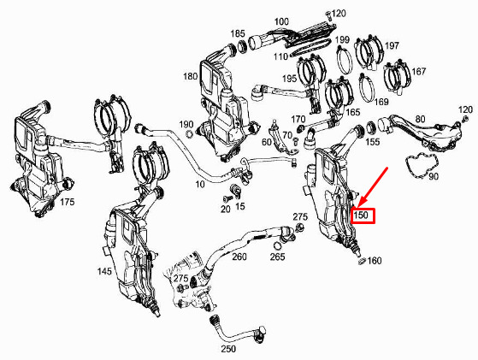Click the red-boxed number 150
click(361, 215)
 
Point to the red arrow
click(373, 186)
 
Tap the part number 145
click(104, 271)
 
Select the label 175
click(67, 202)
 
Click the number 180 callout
click(190, 76)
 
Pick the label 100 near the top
click(281, 21)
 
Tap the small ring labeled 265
click(278, 245)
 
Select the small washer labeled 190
click(189, 133)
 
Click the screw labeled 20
click(227, 198)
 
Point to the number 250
click(228, 348)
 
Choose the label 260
click(239, 257)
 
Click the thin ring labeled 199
click(345, 60)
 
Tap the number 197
click(392, 45)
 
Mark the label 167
click(418, 71)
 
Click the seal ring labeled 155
click(371, 127)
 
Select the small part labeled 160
click(362, 261)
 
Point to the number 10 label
click(200, 184)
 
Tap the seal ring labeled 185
click(243, 45)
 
